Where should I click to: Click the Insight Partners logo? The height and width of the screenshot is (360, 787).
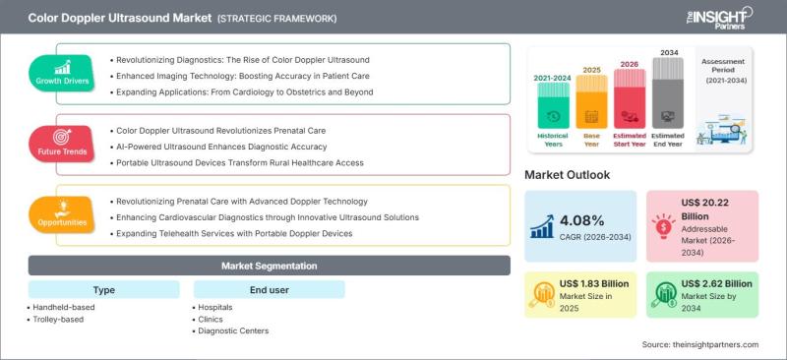pos(719,17)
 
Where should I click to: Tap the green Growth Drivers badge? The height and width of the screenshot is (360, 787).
pos(62,74)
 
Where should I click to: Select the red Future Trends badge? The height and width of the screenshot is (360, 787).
pos(62,145)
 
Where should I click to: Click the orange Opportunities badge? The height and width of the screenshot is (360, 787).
pos(62,214)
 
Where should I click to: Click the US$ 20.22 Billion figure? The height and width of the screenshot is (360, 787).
pos(704,210)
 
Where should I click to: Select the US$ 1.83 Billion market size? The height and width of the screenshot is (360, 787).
pos(594,284)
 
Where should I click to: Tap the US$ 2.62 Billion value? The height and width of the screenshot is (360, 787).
pos(717,284)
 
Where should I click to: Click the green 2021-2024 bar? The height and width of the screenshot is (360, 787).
pos(554,105)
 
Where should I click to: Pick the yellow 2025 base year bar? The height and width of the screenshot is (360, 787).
pos(592,101)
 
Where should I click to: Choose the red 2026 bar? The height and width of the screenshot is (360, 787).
pos(630,98)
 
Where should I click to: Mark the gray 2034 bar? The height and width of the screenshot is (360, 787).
pos(668,92)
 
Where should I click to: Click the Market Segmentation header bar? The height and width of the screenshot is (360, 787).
pos(269,266)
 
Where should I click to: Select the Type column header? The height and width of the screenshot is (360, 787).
pos(104,290)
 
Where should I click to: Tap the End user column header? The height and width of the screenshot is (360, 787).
pos(269,290)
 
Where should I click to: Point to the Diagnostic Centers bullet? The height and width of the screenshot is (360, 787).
pos(231,330)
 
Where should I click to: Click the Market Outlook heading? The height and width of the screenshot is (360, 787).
pos(568,175)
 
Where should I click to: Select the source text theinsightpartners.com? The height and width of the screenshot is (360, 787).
pos(700,345)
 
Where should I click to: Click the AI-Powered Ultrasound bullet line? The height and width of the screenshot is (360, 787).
pos(218,147)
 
